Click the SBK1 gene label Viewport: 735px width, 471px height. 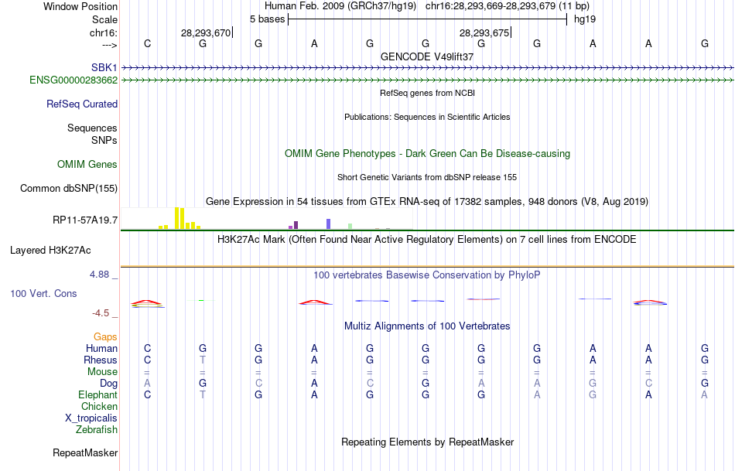(x=104, y=68)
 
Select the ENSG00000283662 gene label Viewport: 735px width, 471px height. (x=73, y=80)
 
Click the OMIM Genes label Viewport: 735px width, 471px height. (x=87, y=164)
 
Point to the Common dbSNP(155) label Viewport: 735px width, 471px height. (x=69, y=188)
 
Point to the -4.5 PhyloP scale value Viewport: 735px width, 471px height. (x=104, y=313)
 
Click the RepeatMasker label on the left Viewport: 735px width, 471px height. (x=85, y=452)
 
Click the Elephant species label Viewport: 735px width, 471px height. (x=97, y=394)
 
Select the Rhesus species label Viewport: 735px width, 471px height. (x=101, y=360)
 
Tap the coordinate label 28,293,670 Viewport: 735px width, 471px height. (x=205, y=32)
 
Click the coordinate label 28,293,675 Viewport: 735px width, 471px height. (x=484, y=32)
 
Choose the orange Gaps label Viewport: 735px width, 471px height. (x=105, y=336)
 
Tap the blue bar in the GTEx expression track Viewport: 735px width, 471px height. (x=328, y=224)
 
